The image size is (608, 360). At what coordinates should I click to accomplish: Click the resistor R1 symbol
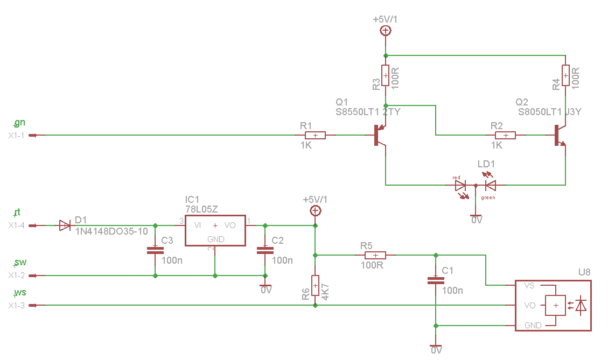pos(316,135)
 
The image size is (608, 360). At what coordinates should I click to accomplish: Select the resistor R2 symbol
pos(505,135)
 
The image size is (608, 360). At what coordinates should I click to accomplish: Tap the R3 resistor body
pos(386,75)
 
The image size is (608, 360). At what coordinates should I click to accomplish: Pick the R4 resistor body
pos(565,75)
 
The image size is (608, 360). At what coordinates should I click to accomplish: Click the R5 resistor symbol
pos(376,255)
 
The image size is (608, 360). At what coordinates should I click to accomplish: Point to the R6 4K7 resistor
pos(315,285)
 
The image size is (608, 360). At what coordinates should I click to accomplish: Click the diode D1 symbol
pos(65,225)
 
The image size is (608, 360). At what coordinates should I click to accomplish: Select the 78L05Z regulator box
pos(215,231)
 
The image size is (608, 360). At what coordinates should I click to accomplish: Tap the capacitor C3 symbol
pos(155,250)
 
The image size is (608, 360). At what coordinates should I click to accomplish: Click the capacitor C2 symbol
pos(264,250)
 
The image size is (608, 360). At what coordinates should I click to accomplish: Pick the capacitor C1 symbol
pos(436,280)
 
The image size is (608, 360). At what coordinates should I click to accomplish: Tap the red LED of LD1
pos(460,186)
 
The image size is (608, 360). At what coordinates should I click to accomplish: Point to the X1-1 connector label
pos(16,136)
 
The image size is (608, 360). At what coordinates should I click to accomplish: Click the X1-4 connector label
pos(16,226)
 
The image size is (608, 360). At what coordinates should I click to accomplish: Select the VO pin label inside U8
pos(529,305)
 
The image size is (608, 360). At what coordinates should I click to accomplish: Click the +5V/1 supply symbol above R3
pos(386,31)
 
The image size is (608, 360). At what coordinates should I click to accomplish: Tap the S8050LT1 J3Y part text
pos(549,112)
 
